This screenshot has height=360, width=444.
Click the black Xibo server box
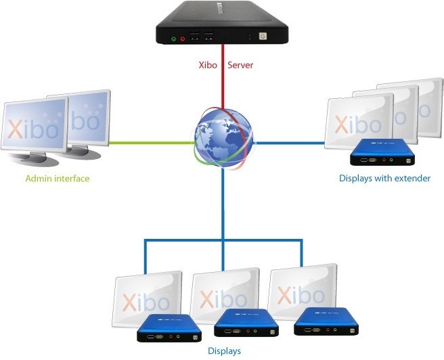[x=222, y=24]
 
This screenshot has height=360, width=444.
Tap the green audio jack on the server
[x=173, y=39]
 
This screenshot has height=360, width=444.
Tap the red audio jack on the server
[x=183, y=39]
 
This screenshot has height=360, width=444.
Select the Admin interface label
[x=58, y=179]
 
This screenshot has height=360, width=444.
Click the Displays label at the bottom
[x=224, y=351]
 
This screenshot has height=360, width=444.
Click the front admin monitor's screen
[x=34, y=125]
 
